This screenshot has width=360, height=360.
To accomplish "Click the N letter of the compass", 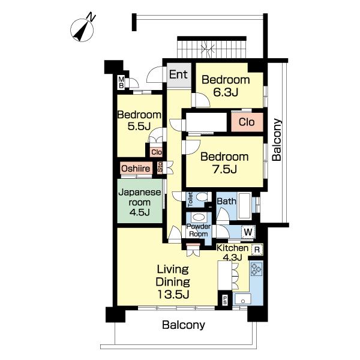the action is point(91,17).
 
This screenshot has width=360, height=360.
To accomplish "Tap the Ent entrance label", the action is point(178,74).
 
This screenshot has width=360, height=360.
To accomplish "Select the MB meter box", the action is point(121,83).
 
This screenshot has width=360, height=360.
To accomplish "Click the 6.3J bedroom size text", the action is point(226,92).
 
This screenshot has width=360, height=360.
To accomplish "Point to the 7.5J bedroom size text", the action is point(224,169).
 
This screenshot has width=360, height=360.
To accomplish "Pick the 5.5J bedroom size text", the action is point(139,126).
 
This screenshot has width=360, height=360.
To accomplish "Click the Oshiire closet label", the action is point(136,169).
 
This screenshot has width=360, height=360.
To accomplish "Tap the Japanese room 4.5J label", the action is point(140,202).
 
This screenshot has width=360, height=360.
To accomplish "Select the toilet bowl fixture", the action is point(202,197).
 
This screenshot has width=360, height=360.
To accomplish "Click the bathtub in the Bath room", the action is point(245,206).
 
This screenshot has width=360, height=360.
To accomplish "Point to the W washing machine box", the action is point(248,232).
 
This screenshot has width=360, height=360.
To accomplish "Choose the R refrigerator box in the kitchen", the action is point(257,250).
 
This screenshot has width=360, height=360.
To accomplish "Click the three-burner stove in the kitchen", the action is point(256,269).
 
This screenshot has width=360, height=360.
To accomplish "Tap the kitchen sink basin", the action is point(243,299).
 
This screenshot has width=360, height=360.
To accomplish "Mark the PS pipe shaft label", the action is point(224,299).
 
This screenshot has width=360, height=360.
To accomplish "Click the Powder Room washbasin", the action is point(199,217).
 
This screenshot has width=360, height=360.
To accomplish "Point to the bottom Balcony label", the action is point(184,325).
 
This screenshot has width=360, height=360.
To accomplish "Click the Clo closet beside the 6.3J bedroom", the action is point(247,122).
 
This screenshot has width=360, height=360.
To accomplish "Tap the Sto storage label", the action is point(160,167).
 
